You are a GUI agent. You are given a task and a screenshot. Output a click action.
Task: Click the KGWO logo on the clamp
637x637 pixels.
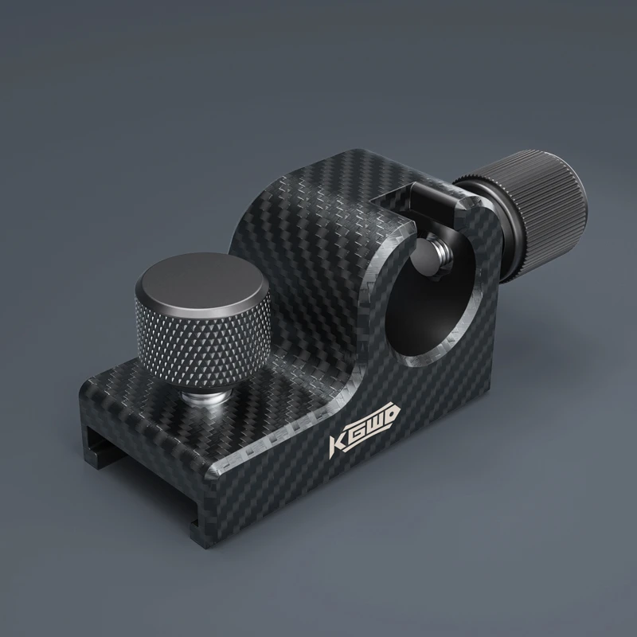pyautogui.click(x=364, y=427)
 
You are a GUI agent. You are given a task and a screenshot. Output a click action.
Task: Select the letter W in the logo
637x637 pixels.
pyautogui.click(x=372, y=423)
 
